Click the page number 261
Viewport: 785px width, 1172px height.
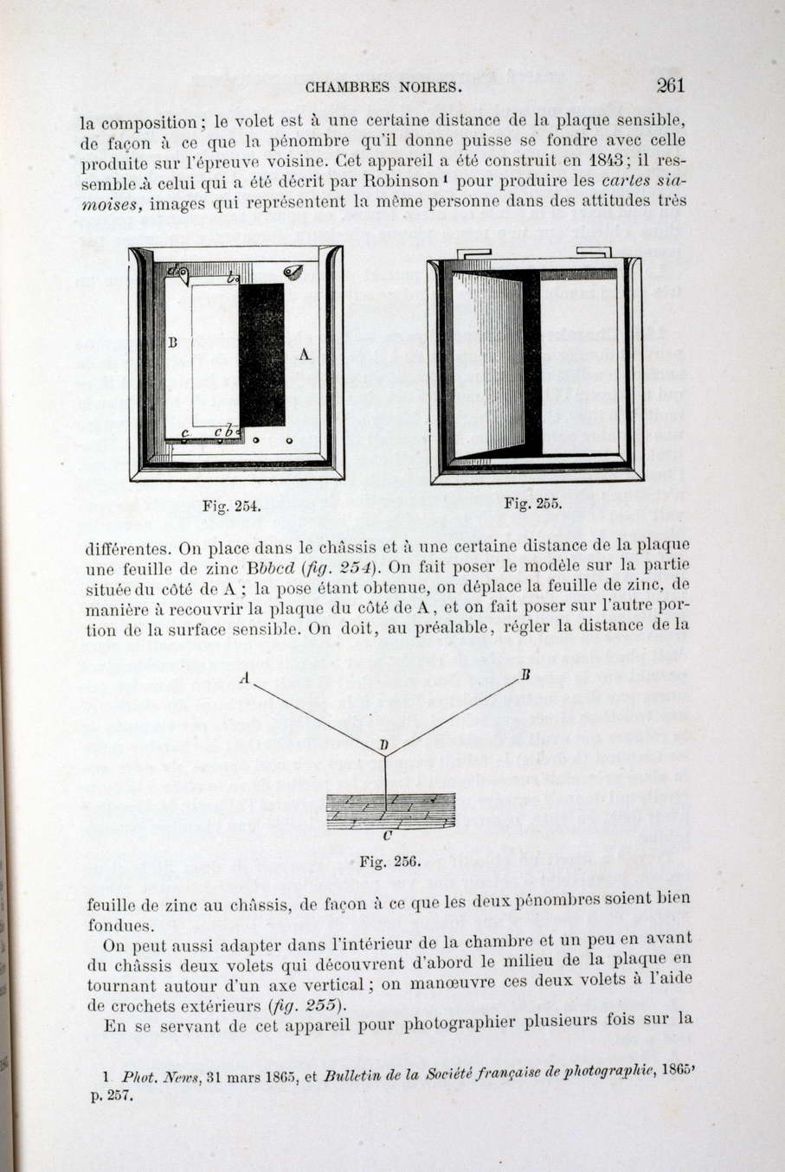tap(671, 85)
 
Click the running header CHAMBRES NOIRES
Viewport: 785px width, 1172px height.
tap(385, 87)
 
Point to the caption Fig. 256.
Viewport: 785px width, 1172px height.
tap(389, 861)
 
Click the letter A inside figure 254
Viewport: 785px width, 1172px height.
tap(305, 355)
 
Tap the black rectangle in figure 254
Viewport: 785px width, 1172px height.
tap(261, 355)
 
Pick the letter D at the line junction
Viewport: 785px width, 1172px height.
tap(383, 746)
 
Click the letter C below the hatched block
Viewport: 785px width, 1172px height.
tap(387, 836)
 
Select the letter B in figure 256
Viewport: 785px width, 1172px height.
tap(524, 676)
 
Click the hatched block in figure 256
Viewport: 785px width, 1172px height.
tap(390, 811)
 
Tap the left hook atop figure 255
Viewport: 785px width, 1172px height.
tap(467, 253)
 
